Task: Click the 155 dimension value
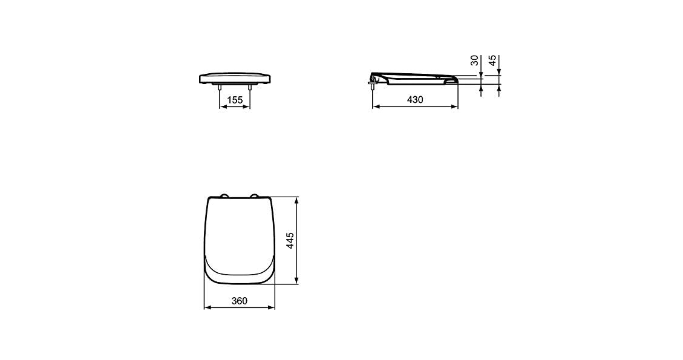pos(235,100)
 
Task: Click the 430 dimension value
pos(415,100)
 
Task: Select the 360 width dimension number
pos(239,301)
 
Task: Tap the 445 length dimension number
pos(290,241)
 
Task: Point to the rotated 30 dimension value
pos(475,60)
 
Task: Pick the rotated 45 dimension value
pos(492,60)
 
